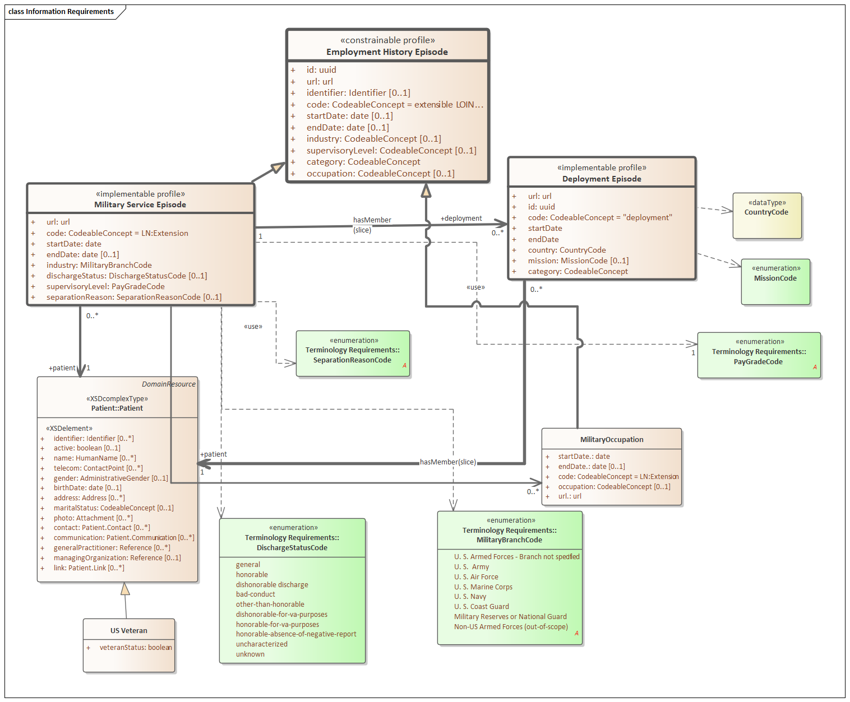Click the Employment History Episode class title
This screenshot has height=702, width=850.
pos(387,52)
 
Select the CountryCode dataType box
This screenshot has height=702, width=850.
pos(766,216)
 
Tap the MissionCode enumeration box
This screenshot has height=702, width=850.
pos(775,282)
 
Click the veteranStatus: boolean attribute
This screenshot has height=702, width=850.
pos(136,648)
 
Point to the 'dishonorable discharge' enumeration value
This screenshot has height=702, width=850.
pos(272,585)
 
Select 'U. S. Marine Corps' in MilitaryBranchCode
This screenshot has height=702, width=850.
pos(483,587)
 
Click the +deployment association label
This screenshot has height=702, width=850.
pos(461,218)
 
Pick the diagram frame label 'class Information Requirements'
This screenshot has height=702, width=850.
pos(61,12)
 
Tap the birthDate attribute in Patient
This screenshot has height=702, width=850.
pos(87,488)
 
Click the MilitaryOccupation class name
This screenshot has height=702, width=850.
pos(612,440)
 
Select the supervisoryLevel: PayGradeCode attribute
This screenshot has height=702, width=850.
pos(105,286)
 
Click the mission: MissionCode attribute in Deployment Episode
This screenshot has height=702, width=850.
pos(578,261)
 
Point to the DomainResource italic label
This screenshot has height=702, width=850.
pos(169,384)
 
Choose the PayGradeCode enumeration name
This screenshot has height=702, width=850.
pos(758,362)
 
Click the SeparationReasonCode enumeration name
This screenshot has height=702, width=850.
pos(352,360)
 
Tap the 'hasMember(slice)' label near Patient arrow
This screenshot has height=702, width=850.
pos(447,462)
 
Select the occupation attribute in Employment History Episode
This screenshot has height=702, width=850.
pos(380,174)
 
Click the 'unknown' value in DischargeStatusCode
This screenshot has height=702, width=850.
pos(250,654)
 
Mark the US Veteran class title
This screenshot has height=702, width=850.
pos(129,631)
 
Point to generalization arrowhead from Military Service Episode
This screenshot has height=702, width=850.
pos(278,167)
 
